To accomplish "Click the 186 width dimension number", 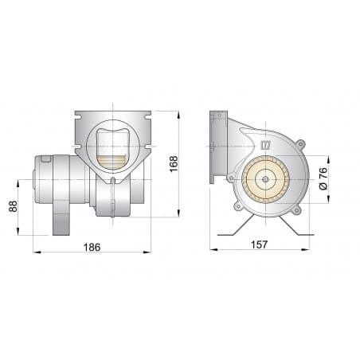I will coord(92,246).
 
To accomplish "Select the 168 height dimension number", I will coord(174,163).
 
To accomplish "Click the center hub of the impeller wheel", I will coord(263,180).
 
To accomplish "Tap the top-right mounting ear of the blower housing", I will coord(300,144).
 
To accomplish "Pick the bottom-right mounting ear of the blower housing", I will coord(295,209).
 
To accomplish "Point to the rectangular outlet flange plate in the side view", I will coord(214,148).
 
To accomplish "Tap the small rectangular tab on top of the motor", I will coord(45,159).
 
